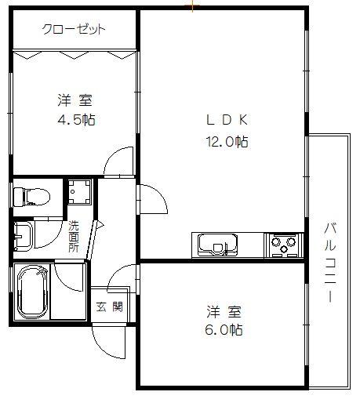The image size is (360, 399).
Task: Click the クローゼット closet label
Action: (x=74, y=29)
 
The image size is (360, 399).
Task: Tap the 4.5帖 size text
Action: (x=76, y=119)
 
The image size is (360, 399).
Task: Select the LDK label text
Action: (x=227, y=120)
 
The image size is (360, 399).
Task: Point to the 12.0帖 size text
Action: (x=227, y=142)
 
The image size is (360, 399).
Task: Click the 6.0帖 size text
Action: (x=224, y=330)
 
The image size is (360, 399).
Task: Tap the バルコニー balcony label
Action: (x=330, y=262)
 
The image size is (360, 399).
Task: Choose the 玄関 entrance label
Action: (x=110, y=307)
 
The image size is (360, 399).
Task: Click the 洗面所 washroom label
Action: (x=74, y=237)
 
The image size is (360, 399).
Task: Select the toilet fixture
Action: (x=31, y=196)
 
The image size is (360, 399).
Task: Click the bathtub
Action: (x=31, y=292)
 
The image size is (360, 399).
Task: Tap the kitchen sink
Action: (x=218, y=245)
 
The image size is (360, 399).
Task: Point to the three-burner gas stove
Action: (x=284, y=245)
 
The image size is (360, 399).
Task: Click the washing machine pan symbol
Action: (x=79, y=191)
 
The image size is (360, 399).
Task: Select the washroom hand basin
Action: (x=24, y=236)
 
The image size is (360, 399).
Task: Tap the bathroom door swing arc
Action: (x=64, y=282)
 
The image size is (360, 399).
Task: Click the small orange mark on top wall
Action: (x=192, y=5)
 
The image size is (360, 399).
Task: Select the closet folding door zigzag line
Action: (x=75, y=55)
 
